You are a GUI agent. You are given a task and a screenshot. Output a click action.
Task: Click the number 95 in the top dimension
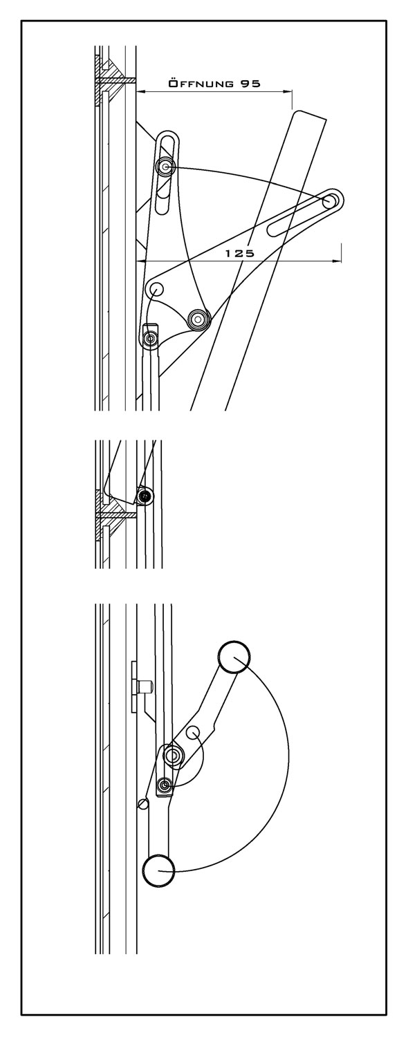click(250, 84)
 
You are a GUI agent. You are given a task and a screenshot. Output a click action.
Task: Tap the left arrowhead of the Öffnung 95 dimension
click(141, 92)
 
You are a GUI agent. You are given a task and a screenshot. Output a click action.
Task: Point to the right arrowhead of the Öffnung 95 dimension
click(288, 92)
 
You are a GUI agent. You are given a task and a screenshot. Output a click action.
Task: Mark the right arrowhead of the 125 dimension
click(337, 261)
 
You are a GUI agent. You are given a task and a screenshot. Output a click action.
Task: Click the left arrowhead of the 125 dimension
click(141, 261)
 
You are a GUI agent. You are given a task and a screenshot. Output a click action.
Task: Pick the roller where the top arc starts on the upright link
click(165, 166)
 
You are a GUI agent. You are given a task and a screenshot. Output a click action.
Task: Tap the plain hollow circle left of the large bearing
click(155, 289)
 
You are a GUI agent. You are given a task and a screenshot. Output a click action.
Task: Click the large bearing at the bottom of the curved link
click(198, 319)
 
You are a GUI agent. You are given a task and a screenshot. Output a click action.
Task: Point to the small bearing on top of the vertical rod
click(151, 339)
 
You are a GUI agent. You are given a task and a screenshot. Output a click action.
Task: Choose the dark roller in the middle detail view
click(147, 496)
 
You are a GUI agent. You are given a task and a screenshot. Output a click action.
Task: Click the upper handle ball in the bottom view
click(234, 657)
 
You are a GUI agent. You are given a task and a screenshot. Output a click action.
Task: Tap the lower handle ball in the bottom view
click(159, 871)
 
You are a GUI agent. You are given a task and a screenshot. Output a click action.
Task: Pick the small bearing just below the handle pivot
click(165, 784)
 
